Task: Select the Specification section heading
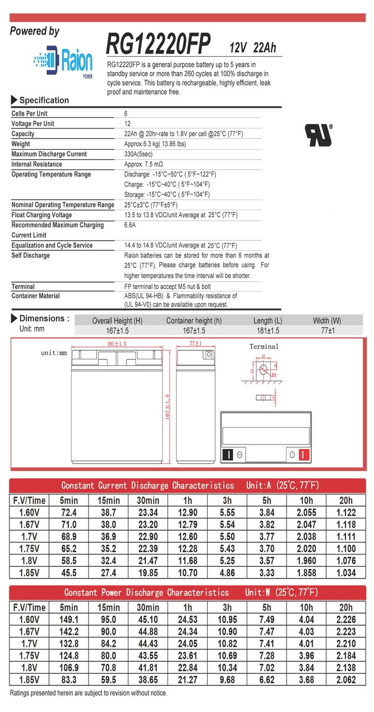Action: [x=44, y=100]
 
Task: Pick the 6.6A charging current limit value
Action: [x=130, y=225]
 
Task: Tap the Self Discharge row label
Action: [x=31, y=255]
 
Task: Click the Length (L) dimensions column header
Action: [x=267, y=320]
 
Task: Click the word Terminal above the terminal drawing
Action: [x=264, y=347]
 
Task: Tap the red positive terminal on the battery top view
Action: [x=303, y=454]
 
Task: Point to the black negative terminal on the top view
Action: [x=227, y=454]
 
